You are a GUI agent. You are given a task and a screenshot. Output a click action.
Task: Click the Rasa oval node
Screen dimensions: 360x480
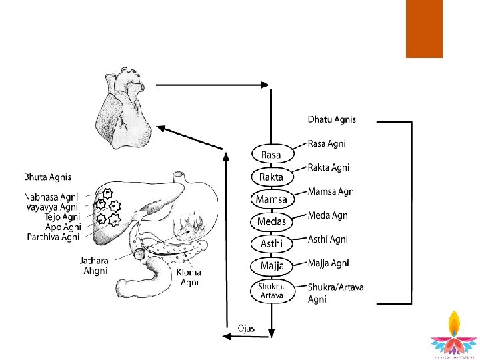(x=271, y=155)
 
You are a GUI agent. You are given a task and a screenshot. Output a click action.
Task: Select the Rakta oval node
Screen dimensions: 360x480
(x=271, y=177)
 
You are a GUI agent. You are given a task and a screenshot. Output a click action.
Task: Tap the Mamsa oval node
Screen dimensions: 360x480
(x=271, y=199)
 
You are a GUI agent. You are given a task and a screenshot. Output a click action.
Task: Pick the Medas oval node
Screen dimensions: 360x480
(x=271, y=221)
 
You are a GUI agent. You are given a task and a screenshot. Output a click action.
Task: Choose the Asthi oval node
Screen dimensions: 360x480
(x=271, y=244)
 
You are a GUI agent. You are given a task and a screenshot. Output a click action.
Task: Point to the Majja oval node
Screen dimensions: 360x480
(x=271, y=266)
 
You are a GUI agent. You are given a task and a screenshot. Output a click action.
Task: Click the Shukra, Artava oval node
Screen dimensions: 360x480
(x=271, y=291)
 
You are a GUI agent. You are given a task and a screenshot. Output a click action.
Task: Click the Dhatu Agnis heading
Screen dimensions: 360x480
(x=331, y=120)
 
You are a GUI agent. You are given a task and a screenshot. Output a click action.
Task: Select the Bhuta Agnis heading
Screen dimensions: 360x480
(x=47, y=177)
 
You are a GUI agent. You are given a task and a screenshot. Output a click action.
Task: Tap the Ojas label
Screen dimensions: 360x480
(x=246, y=328)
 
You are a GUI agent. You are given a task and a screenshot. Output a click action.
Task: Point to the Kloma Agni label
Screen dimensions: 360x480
(x=190, y=277)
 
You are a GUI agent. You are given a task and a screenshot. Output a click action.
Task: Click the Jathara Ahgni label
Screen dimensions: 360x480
(x=95, y=267)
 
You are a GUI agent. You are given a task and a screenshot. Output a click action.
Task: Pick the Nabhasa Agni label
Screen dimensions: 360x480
(x=51, y=197)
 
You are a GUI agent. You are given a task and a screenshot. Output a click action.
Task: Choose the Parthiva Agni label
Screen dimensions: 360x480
(x=53, y=237)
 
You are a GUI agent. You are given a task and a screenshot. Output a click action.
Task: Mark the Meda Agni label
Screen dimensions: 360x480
(x=329, y=215)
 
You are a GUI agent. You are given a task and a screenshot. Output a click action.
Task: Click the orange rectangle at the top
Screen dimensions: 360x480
(x=424, y=29)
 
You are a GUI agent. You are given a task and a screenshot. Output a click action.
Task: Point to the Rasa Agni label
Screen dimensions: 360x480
(x=327, y=143)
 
